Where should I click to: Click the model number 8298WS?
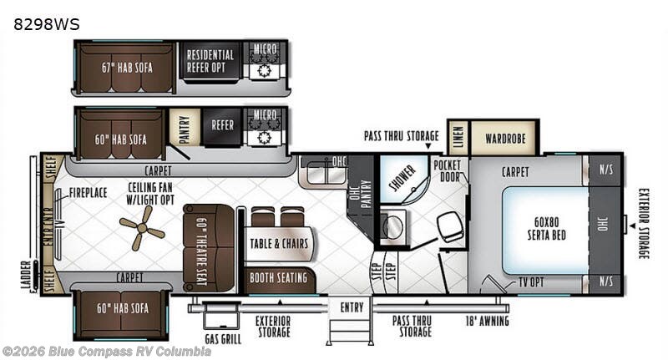pos(47,24)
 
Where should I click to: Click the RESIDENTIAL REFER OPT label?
pos(210,60)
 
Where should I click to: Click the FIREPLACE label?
pos(88,192)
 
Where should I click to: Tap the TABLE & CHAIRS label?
pos(279,244)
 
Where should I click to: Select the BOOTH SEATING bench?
pos(280,277)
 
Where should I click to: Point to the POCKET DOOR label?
pos(448,170)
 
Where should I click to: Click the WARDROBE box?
pos(504,137)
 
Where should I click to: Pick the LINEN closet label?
pos(458,137)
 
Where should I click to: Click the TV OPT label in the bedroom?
pos(532,281)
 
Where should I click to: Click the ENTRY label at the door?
pos(352,307)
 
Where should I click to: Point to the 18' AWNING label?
pos(487,320)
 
